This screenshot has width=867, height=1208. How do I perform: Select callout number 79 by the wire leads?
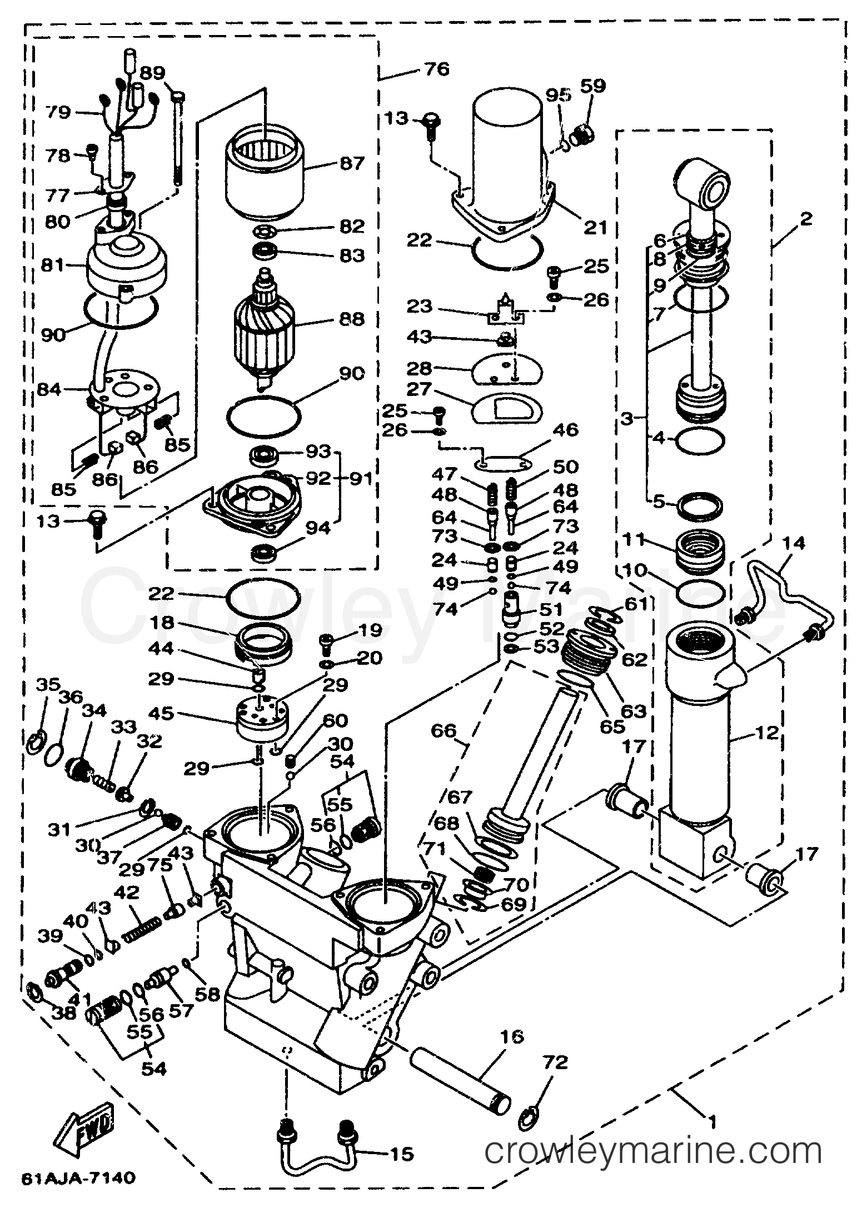pyautogui.click(x=59, y=113)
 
